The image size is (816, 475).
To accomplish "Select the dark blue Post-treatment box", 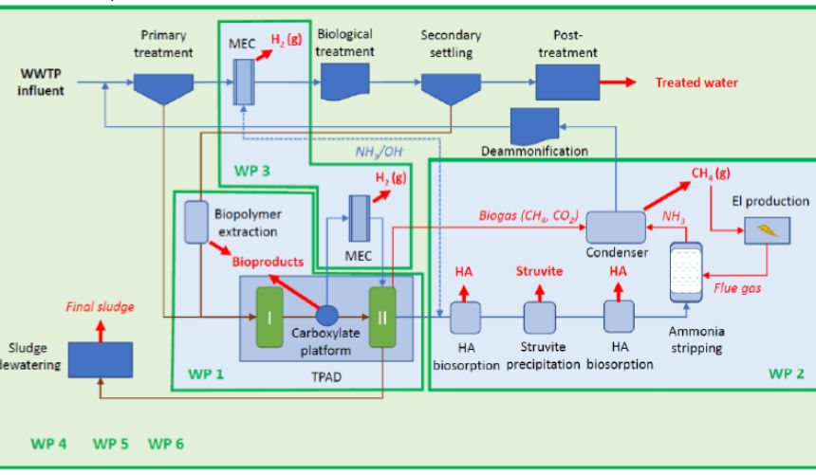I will pos(567,82).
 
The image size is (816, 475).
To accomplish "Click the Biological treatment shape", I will pos(345,83).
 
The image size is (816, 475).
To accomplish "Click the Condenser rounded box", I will pos(616,226).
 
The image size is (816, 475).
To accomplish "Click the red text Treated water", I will pos(696,83).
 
